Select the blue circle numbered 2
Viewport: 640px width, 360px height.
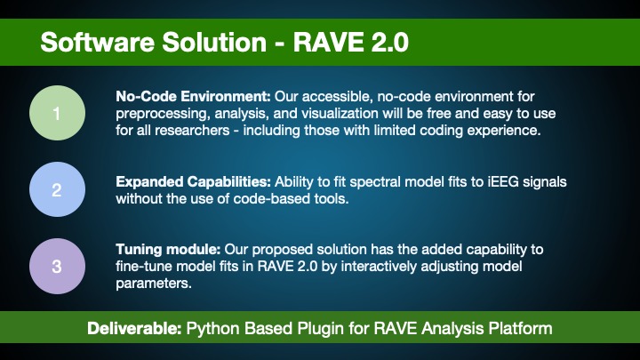point(56,189)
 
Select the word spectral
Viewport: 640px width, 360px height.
point(360,181)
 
